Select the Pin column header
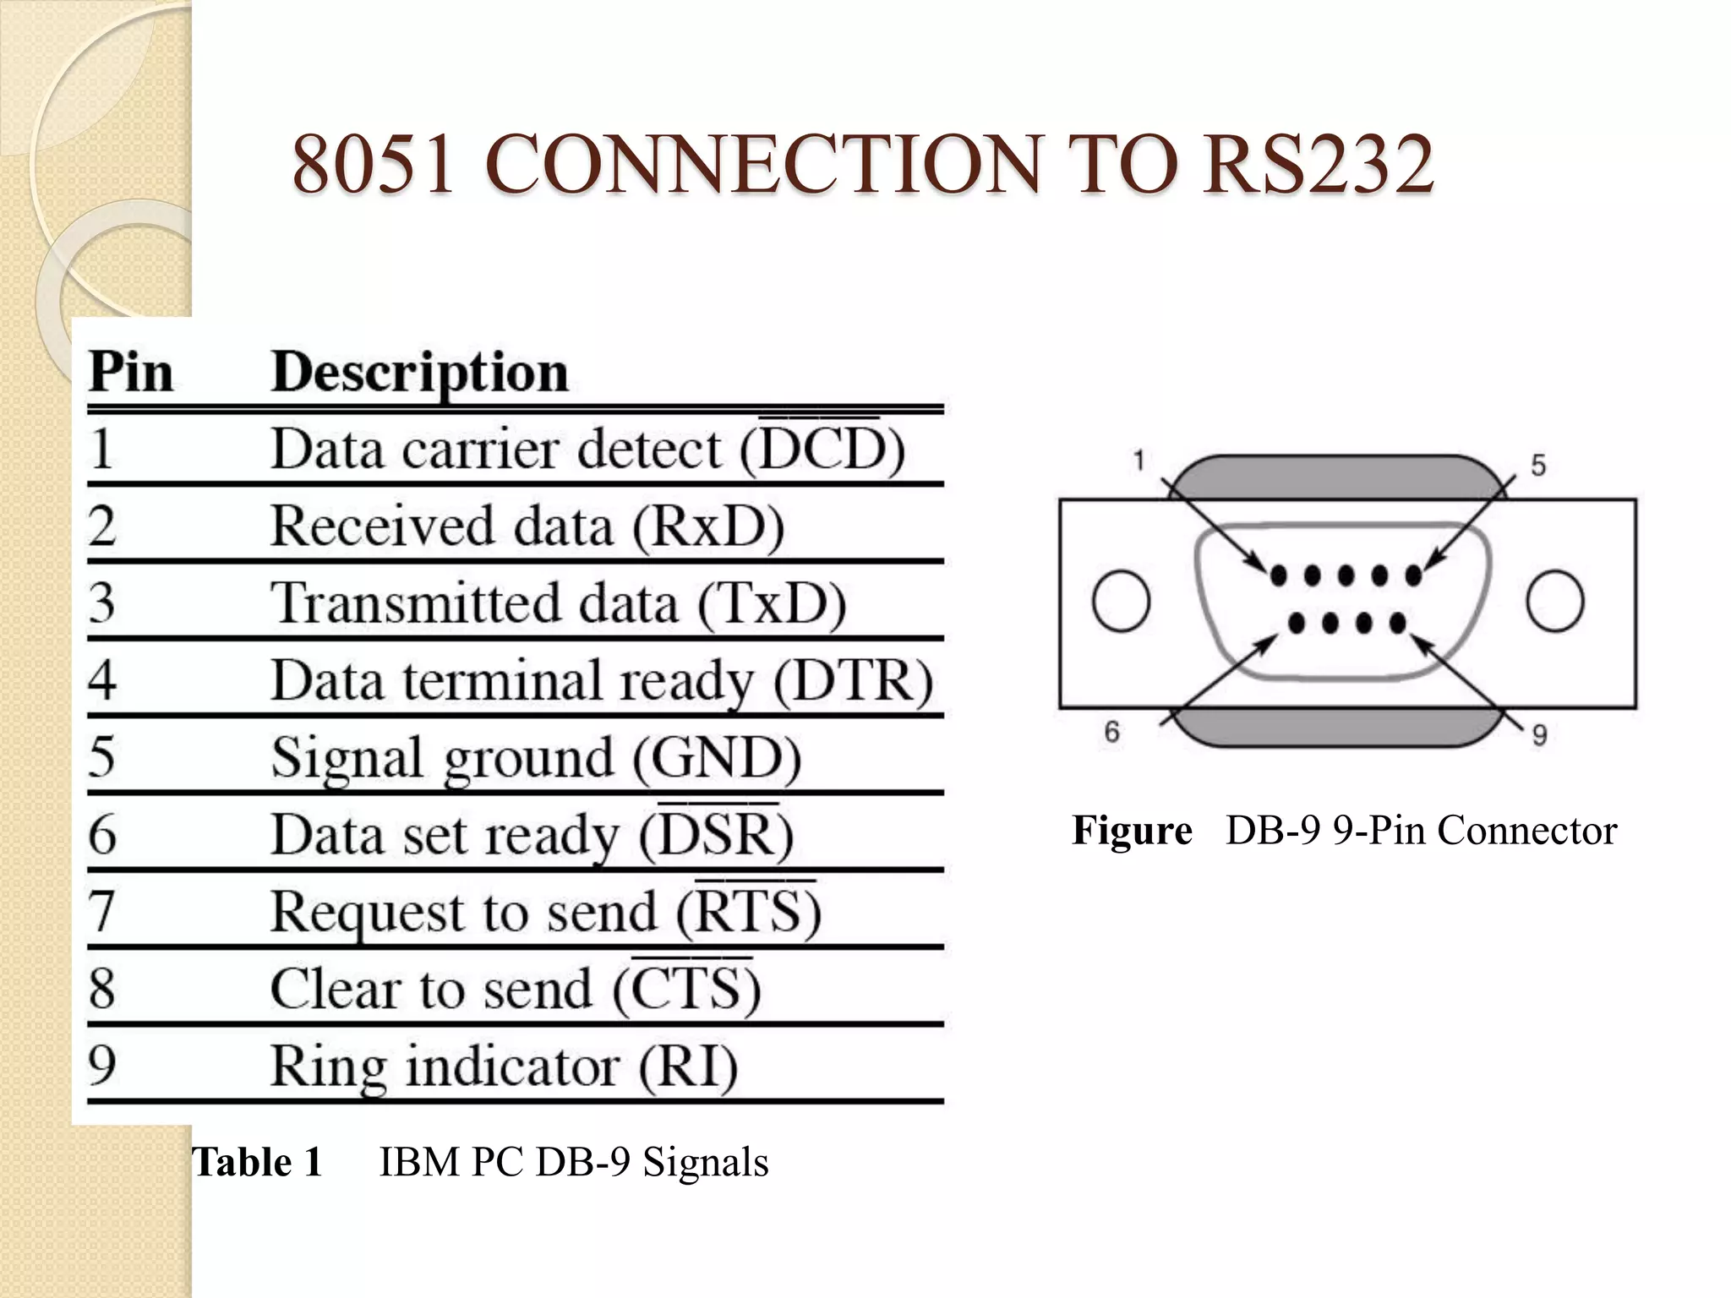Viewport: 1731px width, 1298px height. coord(131,372)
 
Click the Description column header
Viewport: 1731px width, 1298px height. coord(419,372)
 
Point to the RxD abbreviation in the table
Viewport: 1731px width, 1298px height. coord(708,526)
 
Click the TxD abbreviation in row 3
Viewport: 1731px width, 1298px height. coord(771,603)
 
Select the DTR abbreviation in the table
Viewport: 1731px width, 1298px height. coord(853,680)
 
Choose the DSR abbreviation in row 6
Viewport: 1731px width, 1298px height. coord(717,835)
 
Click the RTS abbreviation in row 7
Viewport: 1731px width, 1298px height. coord(748,912)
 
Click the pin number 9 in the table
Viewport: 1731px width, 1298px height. coord(102,1066)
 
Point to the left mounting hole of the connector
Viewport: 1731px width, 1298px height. coord(1121,602)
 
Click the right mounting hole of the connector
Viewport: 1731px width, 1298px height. coord(1555,602)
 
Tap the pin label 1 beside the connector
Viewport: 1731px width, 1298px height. coord(1139,461)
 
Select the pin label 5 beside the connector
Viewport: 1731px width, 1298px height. coord(1538,465)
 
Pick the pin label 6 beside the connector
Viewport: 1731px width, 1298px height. coord(1111,732)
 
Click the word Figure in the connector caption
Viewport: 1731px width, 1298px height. coord(1132,830)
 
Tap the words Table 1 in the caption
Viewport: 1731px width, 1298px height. coord(258,1162)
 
